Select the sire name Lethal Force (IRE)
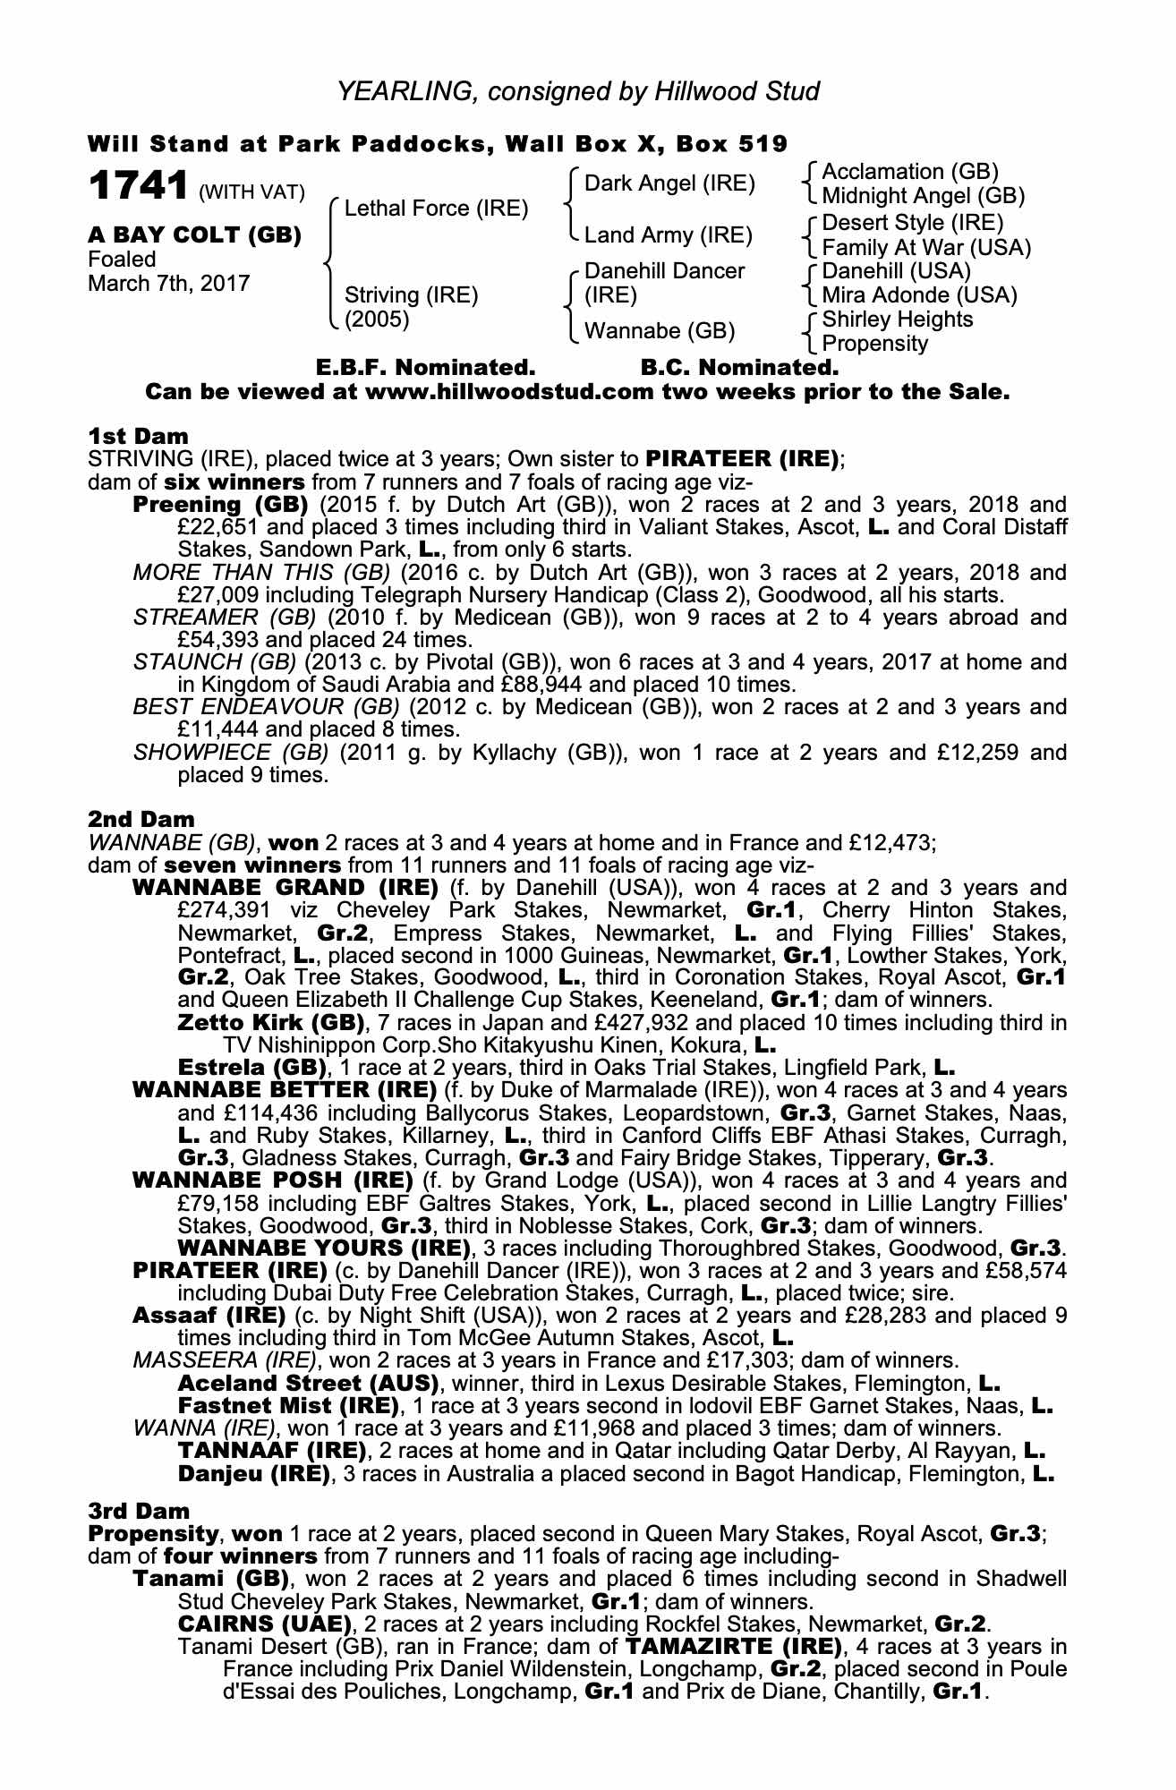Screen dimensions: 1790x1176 point(436,209)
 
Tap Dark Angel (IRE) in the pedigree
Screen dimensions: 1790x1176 point(669,184)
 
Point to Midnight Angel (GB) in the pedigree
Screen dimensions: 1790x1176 point(923,196)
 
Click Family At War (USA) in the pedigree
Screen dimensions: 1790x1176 point(926,248)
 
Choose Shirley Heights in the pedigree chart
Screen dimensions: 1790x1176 point(897,320)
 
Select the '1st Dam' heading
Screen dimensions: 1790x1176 point(138,437)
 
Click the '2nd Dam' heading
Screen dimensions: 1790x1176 point(141,819)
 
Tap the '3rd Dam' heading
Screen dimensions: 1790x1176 point(139,1511)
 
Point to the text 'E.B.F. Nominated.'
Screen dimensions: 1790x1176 point(426,368)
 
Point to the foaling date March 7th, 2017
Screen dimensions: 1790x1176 point(169,284)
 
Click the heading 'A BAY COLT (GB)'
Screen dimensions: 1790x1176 point(194,235)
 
